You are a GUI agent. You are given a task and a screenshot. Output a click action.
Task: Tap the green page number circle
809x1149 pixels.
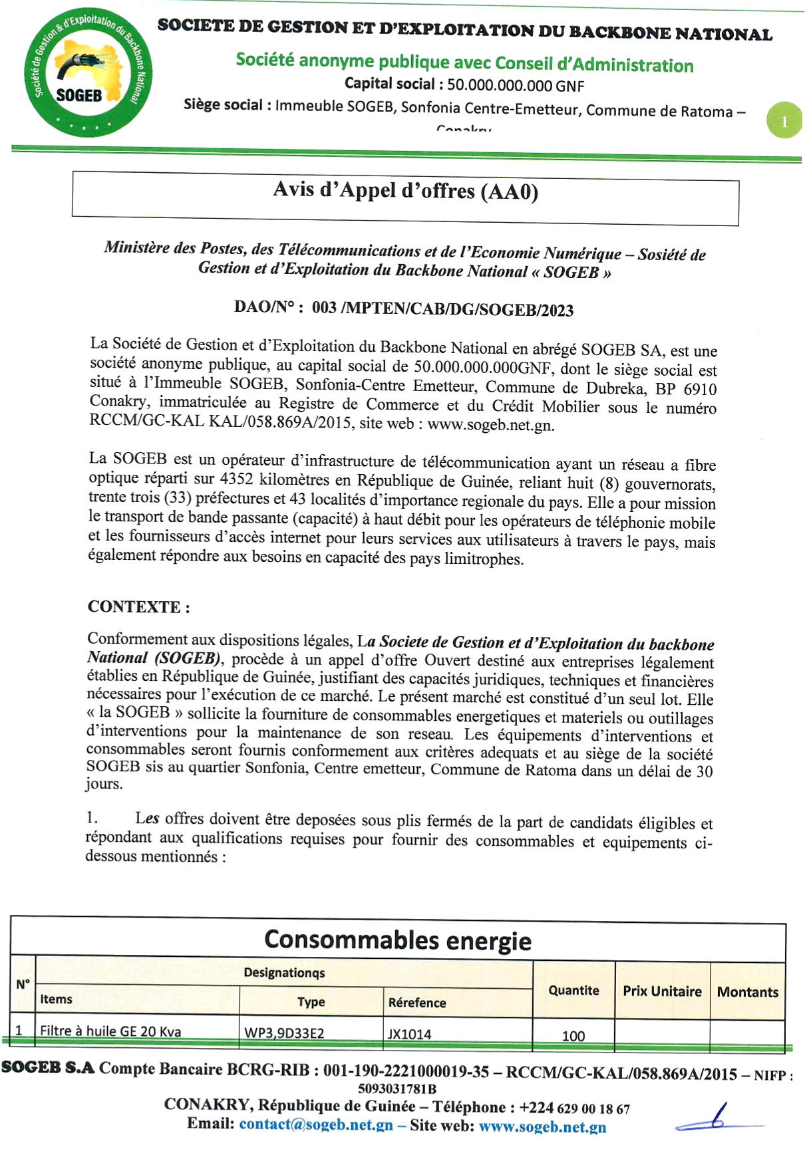[x=784, y=120]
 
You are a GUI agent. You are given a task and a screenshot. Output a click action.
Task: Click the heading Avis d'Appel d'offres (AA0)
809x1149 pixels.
[x=405, y=191]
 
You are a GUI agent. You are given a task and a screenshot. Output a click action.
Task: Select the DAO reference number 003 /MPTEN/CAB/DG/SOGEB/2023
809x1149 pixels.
[x=442, y=309]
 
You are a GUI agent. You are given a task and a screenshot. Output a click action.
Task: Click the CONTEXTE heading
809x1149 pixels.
[x=138, y=606]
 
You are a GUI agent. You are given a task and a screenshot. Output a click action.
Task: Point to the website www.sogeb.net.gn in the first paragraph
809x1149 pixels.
[x=490, y=425]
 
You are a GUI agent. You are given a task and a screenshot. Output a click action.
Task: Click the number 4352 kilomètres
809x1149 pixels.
[x=236, y=479]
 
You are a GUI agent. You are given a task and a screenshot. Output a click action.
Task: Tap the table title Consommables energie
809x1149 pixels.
[x=398, y=940]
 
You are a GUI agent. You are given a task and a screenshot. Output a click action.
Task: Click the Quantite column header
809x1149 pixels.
[x=573, y=990]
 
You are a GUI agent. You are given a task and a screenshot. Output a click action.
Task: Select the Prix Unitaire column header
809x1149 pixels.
[x=662, y=991]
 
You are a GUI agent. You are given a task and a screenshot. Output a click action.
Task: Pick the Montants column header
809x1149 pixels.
[x=747, y=991]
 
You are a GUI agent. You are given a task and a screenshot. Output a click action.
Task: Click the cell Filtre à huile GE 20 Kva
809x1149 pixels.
[x=110, y=1031]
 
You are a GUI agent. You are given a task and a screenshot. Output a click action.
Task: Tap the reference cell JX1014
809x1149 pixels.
[x=409, y=1034]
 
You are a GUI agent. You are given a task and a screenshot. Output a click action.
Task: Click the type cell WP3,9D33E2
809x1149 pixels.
[x=285, y=1033]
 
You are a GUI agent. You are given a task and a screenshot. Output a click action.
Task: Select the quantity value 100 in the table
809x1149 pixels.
[x=573, y=1035]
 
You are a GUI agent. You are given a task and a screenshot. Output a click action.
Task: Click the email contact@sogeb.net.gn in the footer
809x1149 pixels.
[x=315, y=1124]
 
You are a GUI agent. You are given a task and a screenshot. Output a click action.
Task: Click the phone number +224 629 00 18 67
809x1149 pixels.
[x=574, y=1108]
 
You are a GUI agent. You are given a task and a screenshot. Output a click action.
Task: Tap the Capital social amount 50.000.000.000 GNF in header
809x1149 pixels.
[x=515, y=85]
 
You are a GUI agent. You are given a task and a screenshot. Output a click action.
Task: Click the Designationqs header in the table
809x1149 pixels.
[x=284, y=973]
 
